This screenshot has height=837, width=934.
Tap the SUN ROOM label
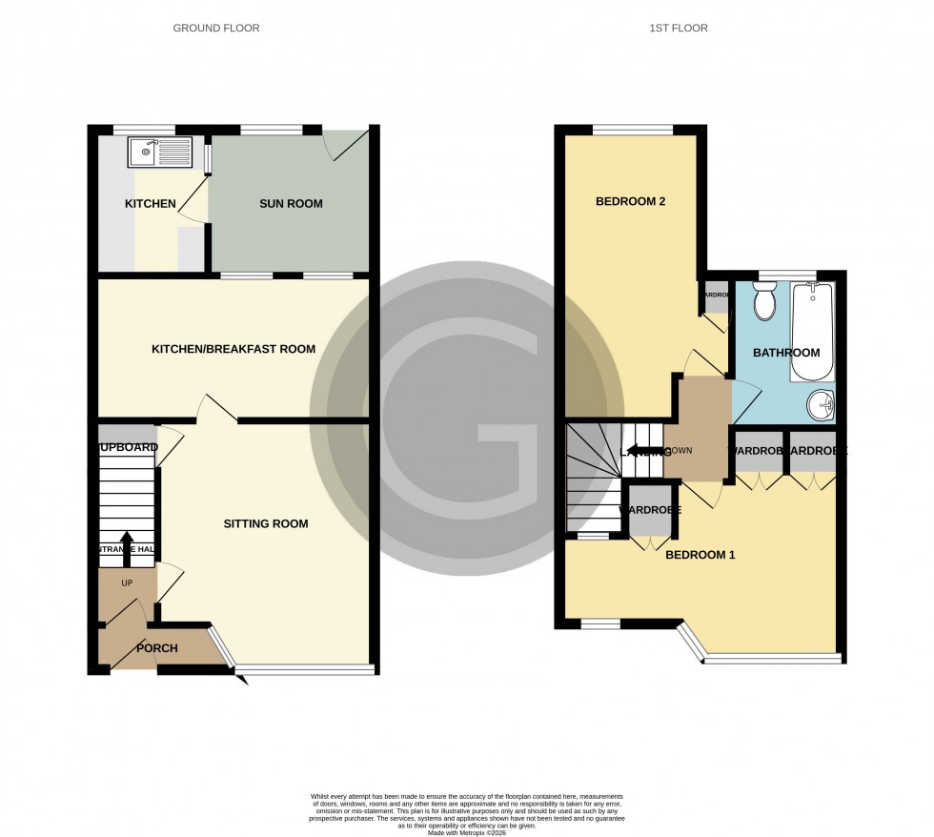pos(291,204)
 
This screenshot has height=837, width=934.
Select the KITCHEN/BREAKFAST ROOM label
pos(233,349)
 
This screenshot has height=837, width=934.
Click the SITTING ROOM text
pos(266,523)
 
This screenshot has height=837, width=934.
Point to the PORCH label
pos(157,649)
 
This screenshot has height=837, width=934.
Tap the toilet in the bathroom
pos(764,301)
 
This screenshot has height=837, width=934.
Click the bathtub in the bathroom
pos(812,330)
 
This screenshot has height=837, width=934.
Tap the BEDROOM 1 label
pos(700,555)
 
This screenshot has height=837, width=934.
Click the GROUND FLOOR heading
pos(215,29)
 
